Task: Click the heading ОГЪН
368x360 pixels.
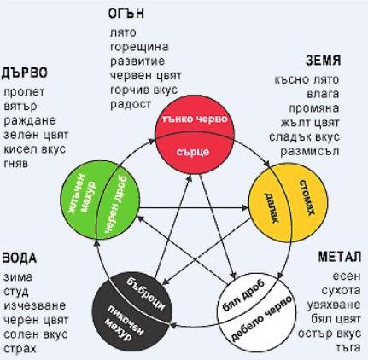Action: [x=126, y=14]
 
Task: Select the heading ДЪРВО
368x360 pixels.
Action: [x=25, y=73]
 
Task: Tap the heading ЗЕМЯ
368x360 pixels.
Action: [x=324, y=61]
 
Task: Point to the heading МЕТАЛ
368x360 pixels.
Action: [x=340, y=257]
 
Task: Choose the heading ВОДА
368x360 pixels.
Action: [x=20, y=258]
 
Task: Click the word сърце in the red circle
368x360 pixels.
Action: [x=193, y=152]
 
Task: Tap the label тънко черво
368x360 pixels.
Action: [x=195, y=119]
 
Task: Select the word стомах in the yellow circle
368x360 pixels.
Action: [x=307, y=198]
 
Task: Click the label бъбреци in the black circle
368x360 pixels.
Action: [x=146, y=293]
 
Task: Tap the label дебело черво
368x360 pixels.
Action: [x=261, y=318]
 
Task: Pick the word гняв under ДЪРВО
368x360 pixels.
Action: [x=16, y=164]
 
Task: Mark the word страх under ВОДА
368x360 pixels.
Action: [x=20, y=349]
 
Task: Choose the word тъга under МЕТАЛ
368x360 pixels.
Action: [x=348, y=347]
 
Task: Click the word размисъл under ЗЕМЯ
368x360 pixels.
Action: [x=310, y=151]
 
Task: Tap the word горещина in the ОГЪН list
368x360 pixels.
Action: [x=139, y=47]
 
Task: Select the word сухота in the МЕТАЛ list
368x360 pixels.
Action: [x=342, y=290]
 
